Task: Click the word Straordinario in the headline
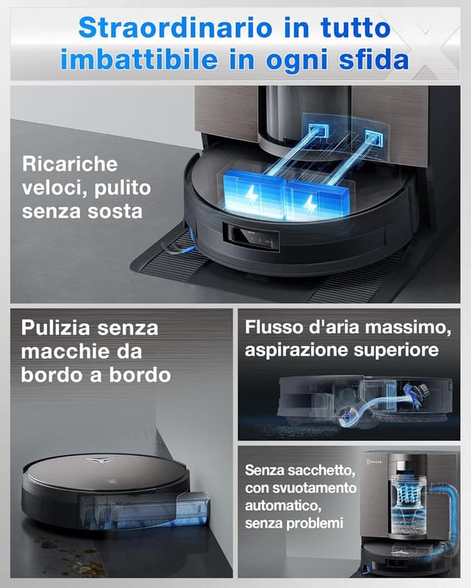[x=166, y=27]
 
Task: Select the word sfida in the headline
[x=373, y=59]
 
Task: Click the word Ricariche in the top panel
[x=70, y=163]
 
